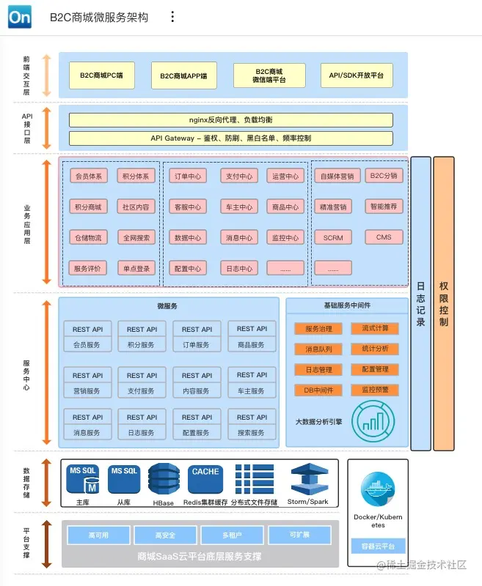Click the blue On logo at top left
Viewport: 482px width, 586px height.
point(20,17)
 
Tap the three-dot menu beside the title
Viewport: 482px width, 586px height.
point(172,17)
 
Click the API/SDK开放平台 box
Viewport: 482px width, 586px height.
point(357,75)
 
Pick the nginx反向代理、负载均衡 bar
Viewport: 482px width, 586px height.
point(230,120)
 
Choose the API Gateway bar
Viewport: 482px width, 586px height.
point(230,138)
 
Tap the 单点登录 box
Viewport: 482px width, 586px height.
point(136,268)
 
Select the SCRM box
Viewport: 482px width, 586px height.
point(333,237)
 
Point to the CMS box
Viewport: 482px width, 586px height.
point(384,237)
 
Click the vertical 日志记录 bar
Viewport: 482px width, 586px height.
point(420,303)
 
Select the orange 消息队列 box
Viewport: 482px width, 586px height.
point(318,349)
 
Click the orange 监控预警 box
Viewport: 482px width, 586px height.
point(375,390)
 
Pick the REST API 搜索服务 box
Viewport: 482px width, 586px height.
point(252,425)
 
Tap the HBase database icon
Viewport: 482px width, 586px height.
point(163,481)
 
